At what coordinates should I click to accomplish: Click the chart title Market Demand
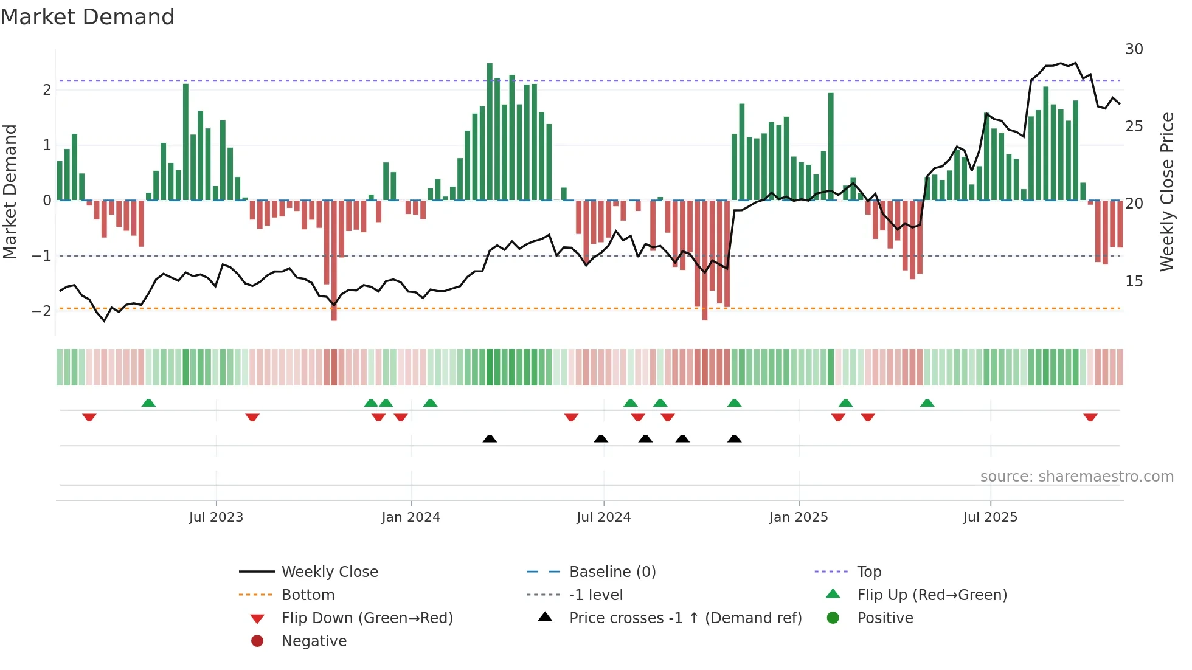click(x=88, y=17)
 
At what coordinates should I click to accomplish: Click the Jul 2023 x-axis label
click(x=216, y=517)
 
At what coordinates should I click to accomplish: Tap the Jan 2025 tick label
click(x=798, y=517)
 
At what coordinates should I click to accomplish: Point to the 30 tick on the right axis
click(x=1134, y=49)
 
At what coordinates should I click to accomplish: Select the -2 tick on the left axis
click(x=41, y=311)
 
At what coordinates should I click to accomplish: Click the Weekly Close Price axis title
click(x=1166, y=192)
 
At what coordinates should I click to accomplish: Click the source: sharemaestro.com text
click(x=1076, y=477)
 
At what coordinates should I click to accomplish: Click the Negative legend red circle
click(x=257, y=641)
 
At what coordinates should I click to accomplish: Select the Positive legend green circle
click(x=833, y=618)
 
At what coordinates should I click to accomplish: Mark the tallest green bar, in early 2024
click(x=490, y=131)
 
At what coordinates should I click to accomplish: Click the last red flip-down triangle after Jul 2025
click(x=1090, y=418)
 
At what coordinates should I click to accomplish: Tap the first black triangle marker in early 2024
click(x=490, y=438)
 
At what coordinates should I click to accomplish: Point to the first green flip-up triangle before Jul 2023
click(x=148, y=403)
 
